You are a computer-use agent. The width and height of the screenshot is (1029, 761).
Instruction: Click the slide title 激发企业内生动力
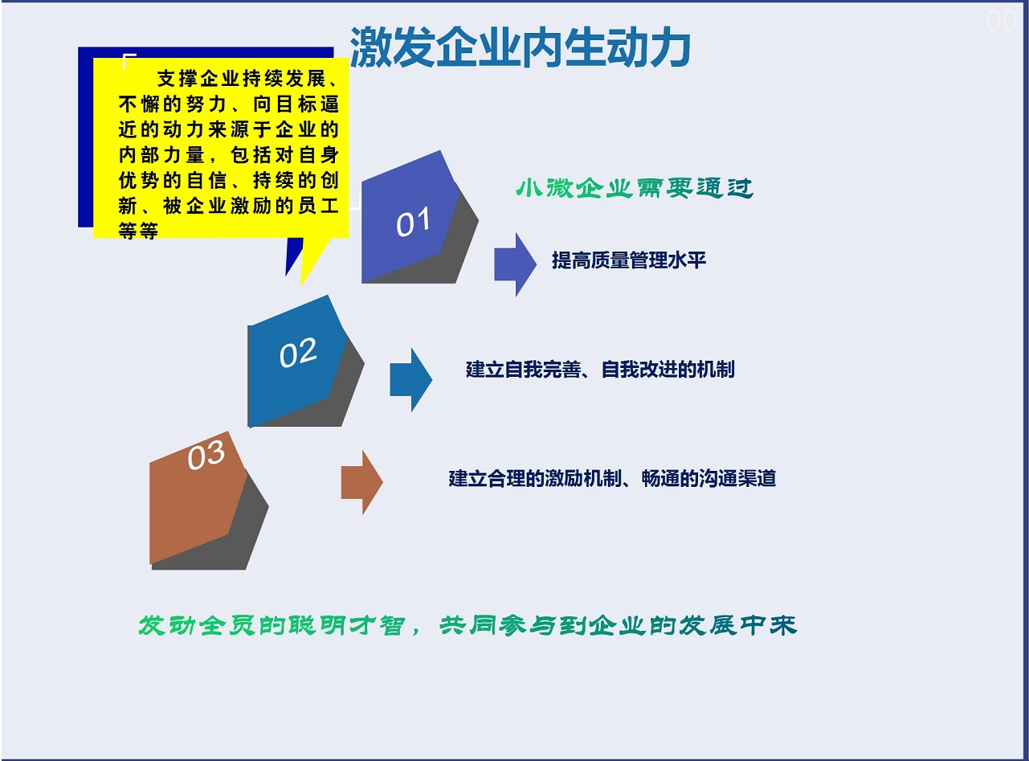(520, 47)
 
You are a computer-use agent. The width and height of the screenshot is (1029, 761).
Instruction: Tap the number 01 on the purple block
(413, 222)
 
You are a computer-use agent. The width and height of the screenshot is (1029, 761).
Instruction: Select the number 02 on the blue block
(298, 353)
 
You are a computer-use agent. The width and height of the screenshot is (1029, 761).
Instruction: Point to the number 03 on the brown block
(206, 455)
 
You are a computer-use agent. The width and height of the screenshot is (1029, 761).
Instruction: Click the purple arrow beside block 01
(516, 264)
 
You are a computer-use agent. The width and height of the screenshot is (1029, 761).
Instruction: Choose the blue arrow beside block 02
(411, 380)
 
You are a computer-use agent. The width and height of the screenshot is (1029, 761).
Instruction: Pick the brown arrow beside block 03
(361, 482)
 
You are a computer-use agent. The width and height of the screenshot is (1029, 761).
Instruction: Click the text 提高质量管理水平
(629, 260)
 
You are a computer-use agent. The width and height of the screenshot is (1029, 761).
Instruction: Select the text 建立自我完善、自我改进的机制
(600, 370)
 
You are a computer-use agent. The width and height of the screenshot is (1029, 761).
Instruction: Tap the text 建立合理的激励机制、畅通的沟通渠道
(612, 478)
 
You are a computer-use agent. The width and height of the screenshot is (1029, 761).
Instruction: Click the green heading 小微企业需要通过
(635, 187)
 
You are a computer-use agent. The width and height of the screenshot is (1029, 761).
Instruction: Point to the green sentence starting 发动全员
(468, 625)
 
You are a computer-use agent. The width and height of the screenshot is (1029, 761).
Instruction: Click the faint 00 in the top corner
(1001, 21)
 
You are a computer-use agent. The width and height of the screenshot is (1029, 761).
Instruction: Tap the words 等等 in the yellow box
(138, 231)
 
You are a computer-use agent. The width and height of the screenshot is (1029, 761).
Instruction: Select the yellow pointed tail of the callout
(313, 261)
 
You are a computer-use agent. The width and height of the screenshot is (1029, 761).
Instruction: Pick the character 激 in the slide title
(370, 47)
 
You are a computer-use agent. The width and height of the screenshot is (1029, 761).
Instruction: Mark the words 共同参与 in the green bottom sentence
(498, 625)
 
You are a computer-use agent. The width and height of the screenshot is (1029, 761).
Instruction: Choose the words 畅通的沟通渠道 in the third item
(708, 478)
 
